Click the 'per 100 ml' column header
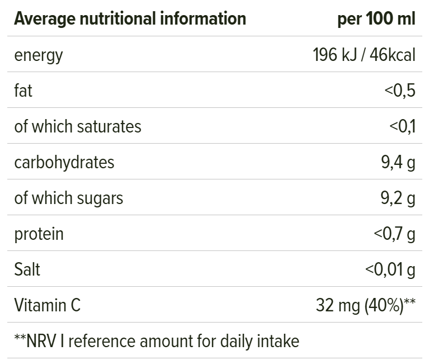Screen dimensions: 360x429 pyautogui.click(x=376, y=19)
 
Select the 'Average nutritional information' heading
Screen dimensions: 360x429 pyautogui.click(x=130, y=19)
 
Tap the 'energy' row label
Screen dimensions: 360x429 pyautogui.click(x=39, y=55)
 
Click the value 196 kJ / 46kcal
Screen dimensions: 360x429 pyautogui.click(x=364, y=55)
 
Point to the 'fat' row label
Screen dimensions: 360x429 pyautogui.click(x=23, y=91)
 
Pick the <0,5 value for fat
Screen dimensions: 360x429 pyautogui.click(x=400, y=91)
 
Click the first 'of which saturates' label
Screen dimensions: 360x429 pyautogui.click(x=78, y=126)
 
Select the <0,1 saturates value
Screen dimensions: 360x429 pyautogui.click(x=402, y=126)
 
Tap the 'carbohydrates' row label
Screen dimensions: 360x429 pyautogui.click(x=64, y=162)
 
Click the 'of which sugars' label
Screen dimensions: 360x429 pyautogui.click(x=69, y=198)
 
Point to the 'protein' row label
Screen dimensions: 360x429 pyautogui.click(x=39, y=234)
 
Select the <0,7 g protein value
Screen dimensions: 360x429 pyautogui.click(x=394, y=234)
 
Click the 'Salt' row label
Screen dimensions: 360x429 pyautogui.click(x=27, y=269)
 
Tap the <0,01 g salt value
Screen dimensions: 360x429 pyautogui.click(x=390, y=269)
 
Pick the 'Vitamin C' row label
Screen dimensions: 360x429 pyautogui.click(x=48, y=305)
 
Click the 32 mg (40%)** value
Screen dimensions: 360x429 pyautogui.click(x=366, y=305)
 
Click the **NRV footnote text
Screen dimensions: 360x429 pyautogui.click(x=157, y=340)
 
